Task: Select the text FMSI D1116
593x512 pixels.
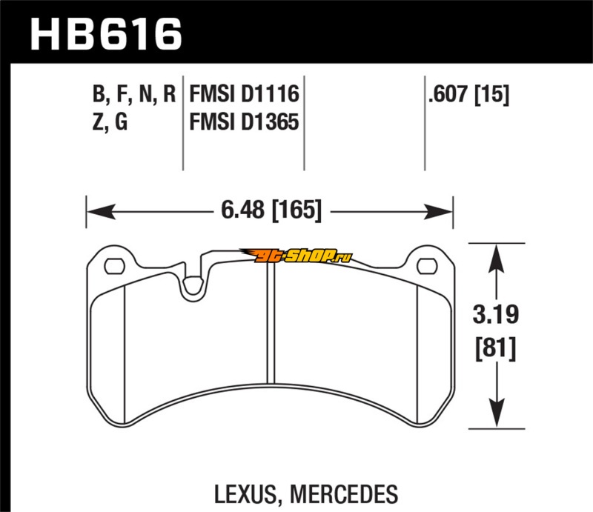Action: [245, 95]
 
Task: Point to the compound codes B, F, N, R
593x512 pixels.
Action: [134, 95]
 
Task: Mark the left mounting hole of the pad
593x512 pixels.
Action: [115, 265]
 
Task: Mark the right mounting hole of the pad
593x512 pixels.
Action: [425, 265]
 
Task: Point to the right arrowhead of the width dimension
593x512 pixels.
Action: [445, 212]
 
